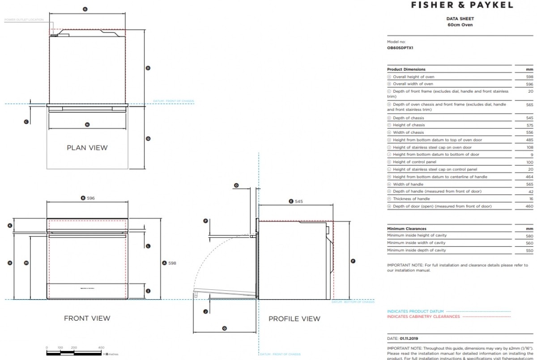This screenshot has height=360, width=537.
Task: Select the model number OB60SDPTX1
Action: [x=400, y=47]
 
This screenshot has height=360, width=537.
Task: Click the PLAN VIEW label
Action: [x=87, y=148]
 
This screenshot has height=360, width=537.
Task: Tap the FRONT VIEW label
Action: [x=87, y=318]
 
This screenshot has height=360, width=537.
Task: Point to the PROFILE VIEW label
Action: [x=294, y=319]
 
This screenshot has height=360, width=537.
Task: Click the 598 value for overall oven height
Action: [x=530, y=77]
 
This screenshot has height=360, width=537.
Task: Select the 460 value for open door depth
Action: [x=530, y=206]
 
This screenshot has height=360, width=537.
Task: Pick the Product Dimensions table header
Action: [x=406, y=69]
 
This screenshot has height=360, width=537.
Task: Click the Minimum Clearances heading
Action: [x=407, y=229]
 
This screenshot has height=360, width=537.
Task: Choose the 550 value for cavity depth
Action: [x=530, y=250]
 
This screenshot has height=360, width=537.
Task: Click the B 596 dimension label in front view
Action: [x=88, y=198]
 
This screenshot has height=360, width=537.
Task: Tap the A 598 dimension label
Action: [x=169, y=263]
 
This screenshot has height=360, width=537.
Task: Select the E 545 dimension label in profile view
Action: [x=296, y=202]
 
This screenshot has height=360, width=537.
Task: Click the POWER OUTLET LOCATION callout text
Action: [x=24, y=20]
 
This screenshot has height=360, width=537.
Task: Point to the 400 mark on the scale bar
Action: [x=101, y=347]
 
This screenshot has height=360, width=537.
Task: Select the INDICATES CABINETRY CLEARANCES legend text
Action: [x=423, y=317]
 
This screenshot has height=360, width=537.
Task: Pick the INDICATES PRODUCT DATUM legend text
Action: [x=415, y=311]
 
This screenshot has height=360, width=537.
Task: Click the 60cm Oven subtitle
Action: [x=460, y=25]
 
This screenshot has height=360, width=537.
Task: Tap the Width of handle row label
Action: [x=408, y=184]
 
